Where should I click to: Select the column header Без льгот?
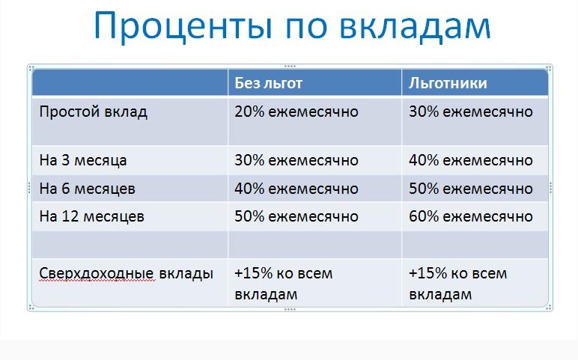[x=269, y=83]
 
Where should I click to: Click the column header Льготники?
[x=448, y=83]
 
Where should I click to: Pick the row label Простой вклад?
[x=94, y=112]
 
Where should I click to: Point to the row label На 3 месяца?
[x=83, y=160]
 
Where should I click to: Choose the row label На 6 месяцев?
[x=88, y=189]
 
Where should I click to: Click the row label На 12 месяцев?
[x=91, y=217]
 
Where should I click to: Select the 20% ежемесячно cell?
[x=296, y=112]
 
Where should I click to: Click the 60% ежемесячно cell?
[x=471, y=217]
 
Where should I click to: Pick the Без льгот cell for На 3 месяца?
[x=296, y=160]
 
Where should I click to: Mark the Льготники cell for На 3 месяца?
[x=471, y=160]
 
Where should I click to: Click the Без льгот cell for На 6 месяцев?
[x=296, y=189]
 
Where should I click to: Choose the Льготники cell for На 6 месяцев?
[x=471, y=189]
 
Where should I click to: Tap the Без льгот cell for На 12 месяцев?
[x=296, y=217]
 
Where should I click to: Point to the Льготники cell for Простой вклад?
[x=471, y=112]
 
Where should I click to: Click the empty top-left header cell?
[x=130, y=83]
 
